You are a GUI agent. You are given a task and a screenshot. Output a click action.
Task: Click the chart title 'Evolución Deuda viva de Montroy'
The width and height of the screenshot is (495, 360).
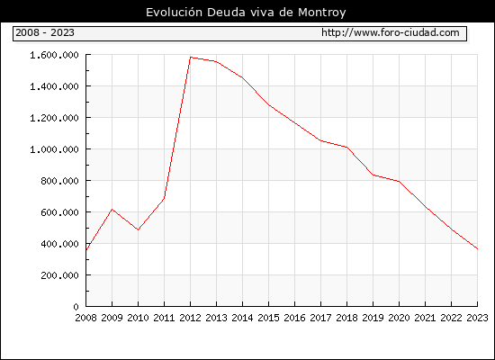coord(246,13)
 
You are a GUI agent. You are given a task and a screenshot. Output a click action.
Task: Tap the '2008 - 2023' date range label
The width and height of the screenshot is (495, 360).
coord(45,32)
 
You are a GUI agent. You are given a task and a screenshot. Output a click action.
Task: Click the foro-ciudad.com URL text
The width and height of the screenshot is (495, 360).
coord(391,32)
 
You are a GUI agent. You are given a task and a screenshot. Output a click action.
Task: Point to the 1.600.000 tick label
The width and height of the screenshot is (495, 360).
coord(54,55)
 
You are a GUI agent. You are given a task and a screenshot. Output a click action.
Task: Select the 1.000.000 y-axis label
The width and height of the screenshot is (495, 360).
coord(54,149)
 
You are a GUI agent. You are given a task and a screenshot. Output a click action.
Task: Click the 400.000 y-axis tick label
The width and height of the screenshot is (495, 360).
coord(59,244)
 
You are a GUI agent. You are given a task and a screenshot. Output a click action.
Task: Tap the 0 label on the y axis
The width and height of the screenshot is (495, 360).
coord(76,307)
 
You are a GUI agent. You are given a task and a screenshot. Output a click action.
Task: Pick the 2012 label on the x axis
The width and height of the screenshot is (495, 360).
coord(190,318)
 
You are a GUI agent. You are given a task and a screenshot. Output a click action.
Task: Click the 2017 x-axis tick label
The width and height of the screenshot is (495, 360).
coord(320,318)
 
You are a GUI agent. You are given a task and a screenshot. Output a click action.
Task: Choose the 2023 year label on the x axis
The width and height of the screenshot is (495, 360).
coord(477,318)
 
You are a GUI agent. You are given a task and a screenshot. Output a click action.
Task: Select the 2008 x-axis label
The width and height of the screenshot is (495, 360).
coord(85,318)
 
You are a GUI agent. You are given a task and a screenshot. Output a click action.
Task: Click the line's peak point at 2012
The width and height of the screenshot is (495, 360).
coord(191,58)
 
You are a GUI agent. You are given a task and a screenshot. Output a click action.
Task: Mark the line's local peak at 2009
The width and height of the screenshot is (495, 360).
coord(112,209)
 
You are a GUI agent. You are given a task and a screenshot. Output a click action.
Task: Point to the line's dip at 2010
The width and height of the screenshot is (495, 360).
coord(138,229)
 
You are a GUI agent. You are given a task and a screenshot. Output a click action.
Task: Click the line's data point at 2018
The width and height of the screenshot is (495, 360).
coord(346,148)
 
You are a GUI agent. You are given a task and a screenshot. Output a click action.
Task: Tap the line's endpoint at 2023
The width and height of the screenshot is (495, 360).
coord(477,248)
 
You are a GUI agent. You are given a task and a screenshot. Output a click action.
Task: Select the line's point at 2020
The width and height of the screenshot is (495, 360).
coord(399,181)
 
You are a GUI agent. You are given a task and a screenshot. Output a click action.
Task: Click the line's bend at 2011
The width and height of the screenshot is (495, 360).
coord(164,198)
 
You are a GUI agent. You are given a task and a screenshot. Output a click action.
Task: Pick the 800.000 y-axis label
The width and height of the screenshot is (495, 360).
coord(59,181)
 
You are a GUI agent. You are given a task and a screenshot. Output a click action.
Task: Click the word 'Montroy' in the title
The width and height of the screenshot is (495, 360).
coord(322,13)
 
